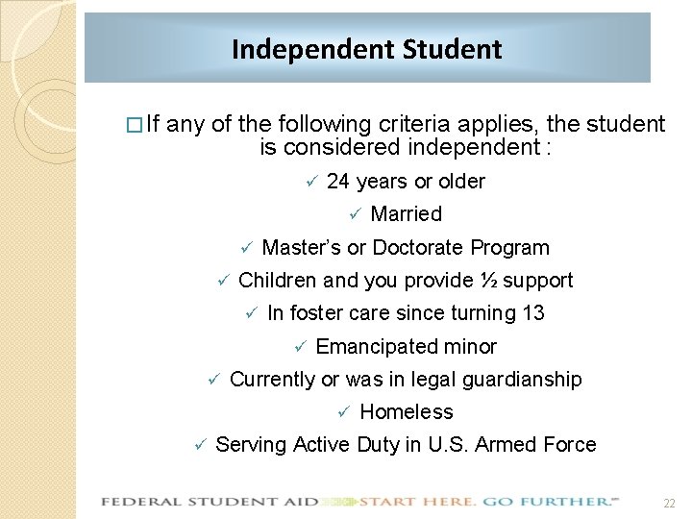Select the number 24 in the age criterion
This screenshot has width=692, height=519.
pyautogui.click(x=338, y=182)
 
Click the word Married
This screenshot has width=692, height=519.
pyautogui.click(x=406, y=214)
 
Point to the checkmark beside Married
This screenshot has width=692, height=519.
pyautogui.click(x=353, y=215)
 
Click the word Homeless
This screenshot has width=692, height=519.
pyautogui.click(x=406, y=412)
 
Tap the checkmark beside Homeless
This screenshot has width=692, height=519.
pyautogui.click(x=342, y=413)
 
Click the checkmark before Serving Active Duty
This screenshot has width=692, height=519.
pyautogui.click(x=199, y=446)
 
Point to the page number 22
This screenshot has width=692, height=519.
pyautogui.click(x=669, y=503)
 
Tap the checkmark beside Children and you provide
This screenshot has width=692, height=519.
pyautogui.click(x=221, y=282)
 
